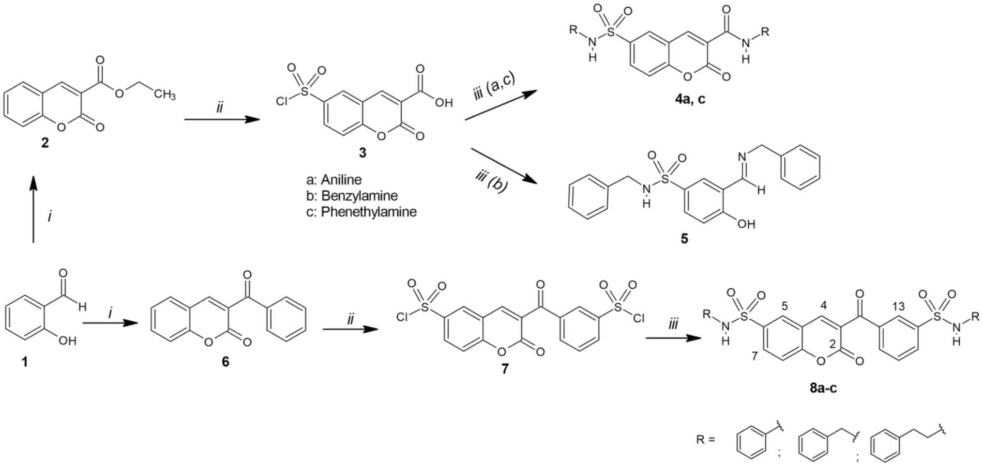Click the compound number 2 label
click(x=45, y=143)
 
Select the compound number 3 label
click(x=363, y=153)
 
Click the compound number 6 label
click(x=225, y=362)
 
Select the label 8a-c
click(x=823, y=388)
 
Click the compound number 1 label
click(x=25, y=362)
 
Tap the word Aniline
click(x=341, y=180)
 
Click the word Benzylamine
click(x=360, y=196)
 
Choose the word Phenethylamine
click(x=368, y=212)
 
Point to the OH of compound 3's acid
click(x=443, y=103)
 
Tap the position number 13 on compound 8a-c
click(x=898, y=306)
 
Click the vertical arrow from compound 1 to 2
click(x=33, y=208)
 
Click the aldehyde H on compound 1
click(x=82, y=306)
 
